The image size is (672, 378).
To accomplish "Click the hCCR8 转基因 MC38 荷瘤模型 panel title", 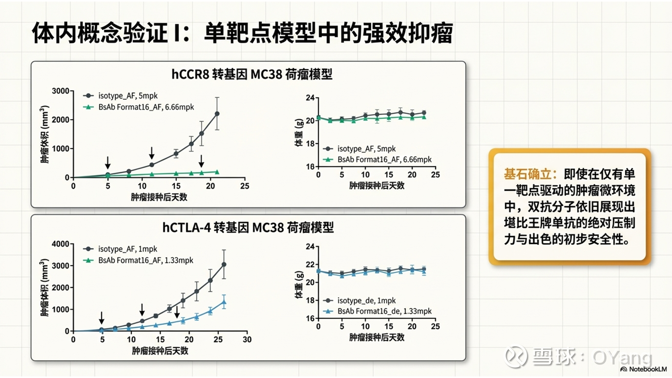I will coord(251,75).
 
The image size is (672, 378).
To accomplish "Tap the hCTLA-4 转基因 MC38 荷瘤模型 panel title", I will coord(248,227).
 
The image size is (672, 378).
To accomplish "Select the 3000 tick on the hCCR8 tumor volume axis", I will coord(60,91).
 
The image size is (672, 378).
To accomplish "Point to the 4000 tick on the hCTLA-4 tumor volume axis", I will coord(60,244).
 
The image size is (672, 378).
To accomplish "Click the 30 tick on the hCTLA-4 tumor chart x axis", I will coord(247,340).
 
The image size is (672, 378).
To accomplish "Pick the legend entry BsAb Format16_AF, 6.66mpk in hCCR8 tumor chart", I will coord(146,107).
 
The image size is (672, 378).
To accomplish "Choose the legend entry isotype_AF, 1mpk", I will coord(127,249).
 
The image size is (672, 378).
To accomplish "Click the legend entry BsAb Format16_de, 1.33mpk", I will coord(384,311).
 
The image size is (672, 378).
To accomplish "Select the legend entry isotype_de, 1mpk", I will coord(366,301).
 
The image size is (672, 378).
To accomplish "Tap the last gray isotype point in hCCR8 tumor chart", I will coord(217,114).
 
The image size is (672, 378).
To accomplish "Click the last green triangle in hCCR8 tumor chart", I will coord(217,172).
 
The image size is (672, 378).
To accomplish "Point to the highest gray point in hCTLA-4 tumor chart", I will coord(224,265).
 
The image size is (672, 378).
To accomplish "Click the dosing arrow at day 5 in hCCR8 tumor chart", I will coord(108,163).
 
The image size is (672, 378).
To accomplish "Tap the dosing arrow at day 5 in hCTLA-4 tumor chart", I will coord(101,318).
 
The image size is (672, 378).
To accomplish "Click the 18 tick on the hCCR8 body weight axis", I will coord(311,144).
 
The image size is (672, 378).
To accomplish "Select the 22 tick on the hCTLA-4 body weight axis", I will coord(311,265).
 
